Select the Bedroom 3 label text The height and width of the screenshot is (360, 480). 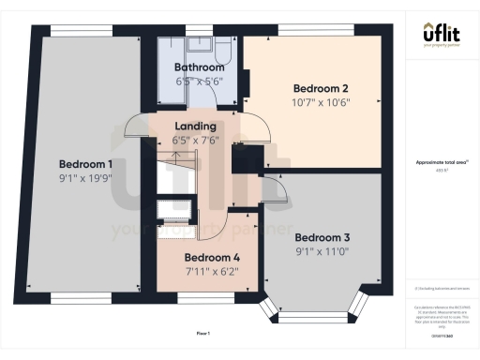(322, 237)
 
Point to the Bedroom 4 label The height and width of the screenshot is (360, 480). (212, 258)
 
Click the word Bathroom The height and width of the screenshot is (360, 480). (200, 68)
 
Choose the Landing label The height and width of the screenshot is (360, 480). (196, 126)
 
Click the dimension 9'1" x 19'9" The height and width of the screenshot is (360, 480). (85, 176)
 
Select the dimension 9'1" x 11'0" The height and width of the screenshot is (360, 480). (322, 251)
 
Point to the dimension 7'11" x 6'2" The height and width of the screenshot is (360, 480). (212, 271)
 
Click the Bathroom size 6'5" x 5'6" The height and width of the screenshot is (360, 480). (200, 82)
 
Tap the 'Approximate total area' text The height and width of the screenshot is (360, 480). (441, 162)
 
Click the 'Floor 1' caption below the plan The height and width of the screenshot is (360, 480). (202, 334)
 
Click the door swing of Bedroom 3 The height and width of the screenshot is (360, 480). (272, 189)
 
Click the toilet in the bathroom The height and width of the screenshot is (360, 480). (201, 46)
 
